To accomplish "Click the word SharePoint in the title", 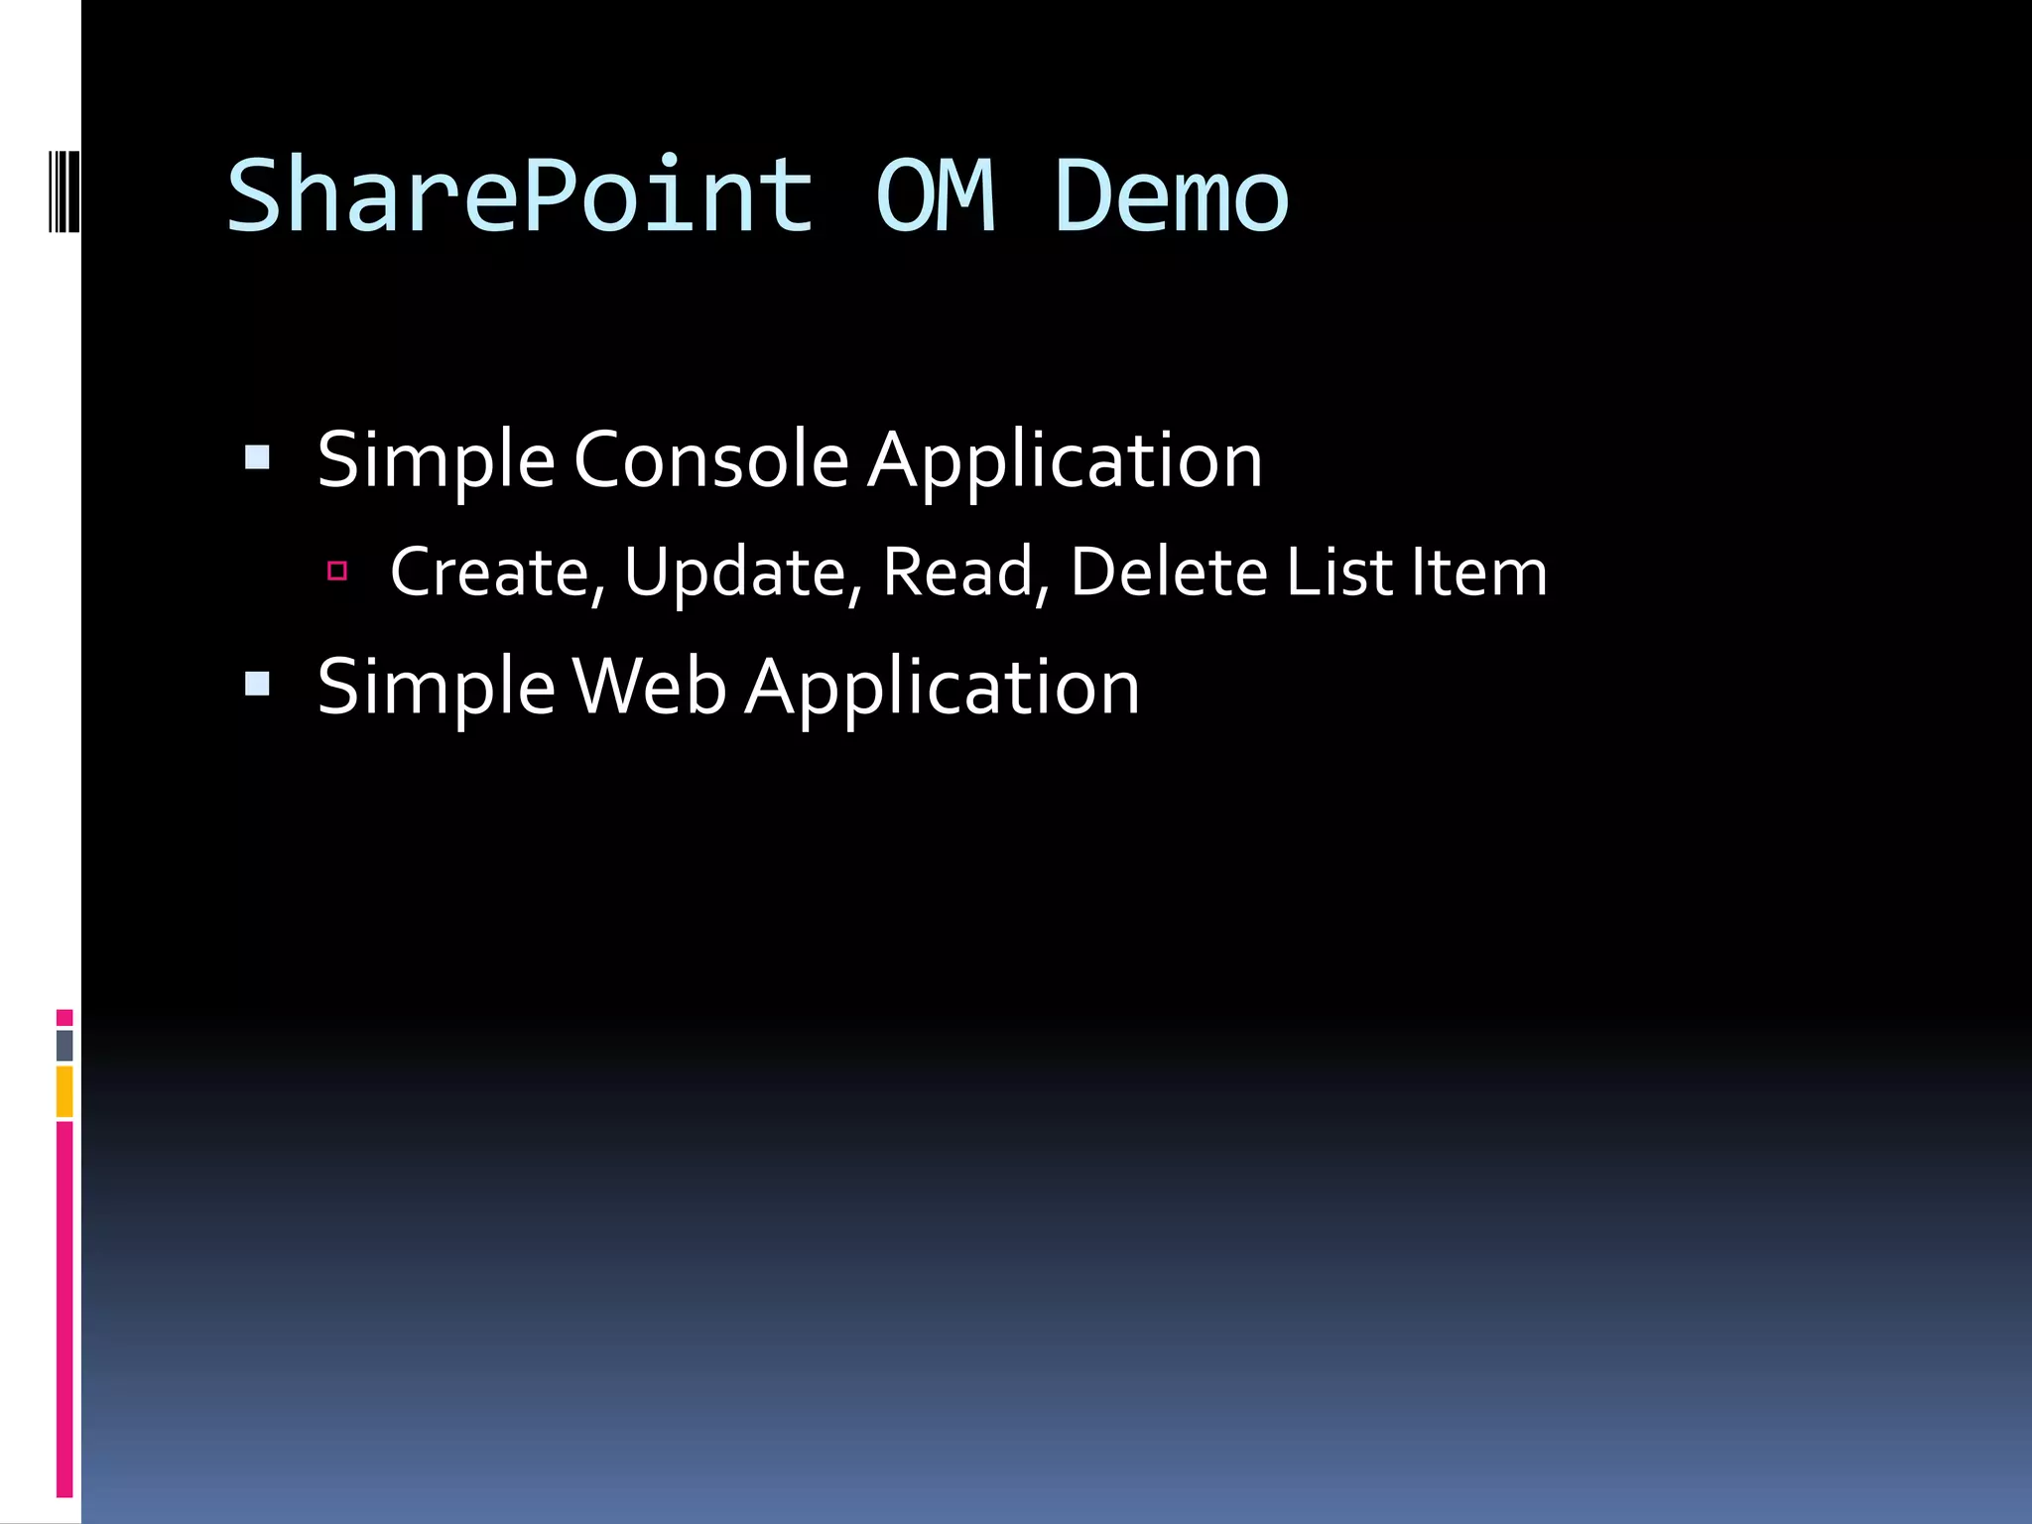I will click(520, 196).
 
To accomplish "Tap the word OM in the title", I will click(935, 196).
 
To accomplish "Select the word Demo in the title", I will click(1171, 196).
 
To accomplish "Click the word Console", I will click(710, 460).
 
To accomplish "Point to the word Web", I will click(649, 687).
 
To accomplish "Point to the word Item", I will click(1478, 572).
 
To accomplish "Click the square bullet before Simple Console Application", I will click(257, 457).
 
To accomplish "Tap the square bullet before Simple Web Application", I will click(257, 684).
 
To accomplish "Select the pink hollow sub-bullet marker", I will click(337, 571).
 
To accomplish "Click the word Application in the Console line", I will click(1065, 460).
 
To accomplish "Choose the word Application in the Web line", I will click(943, 687).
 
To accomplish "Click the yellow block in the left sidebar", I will click(64, 1090).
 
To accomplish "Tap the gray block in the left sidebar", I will click(64, 1045).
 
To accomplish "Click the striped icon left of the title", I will click(64, 191).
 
